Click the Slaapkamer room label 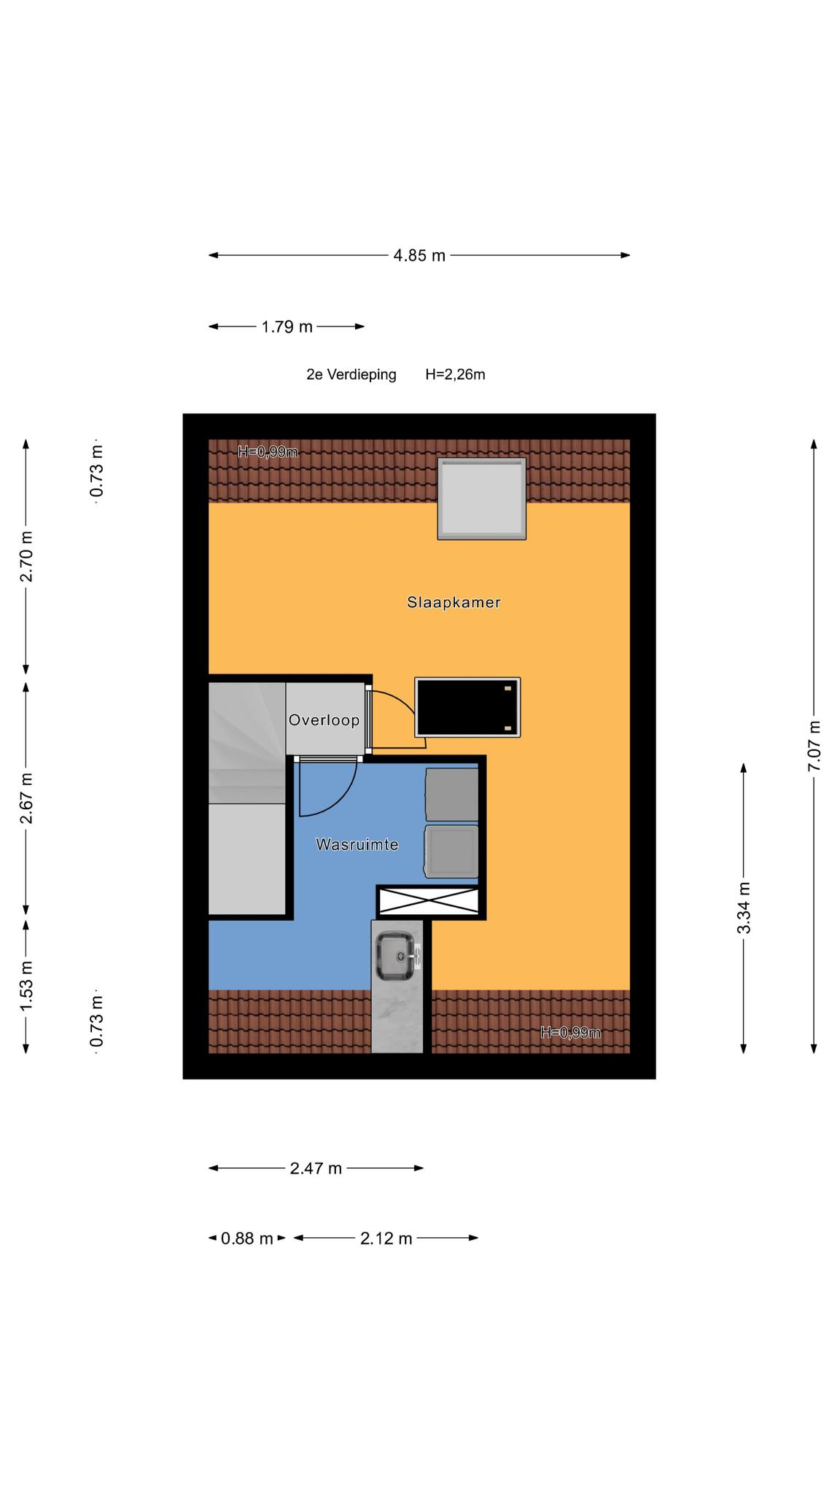click(x=454, y=602)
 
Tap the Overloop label click(x=324, y=720)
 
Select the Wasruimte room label click(x=357, y=844)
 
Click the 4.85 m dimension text click(x=419, y=255)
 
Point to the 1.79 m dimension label click(x=287, y=327)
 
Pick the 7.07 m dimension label click(x=814, y=746)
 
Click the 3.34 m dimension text click(x=744, y=908)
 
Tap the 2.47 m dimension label click(x=316, y=1169)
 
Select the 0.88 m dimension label click(x=247, y=1239)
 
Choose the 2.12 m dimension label click(x=386, y=1239)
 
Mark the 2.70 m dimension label click(x=26, y=557)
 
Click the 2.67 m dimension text click(x=26, y=798)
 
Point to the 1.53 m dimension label click(x=26, y=986)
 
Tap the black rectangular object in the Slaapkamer click(x=467, y=707)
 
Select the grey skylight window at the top click(x=482, y=499)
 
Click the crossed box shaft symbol click(x=428, y=902)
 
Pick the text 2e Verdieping click(x=351, y=375)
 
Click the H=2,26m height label click(x=456, y=375)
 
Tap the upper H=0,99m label click(x=268, y=452)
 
